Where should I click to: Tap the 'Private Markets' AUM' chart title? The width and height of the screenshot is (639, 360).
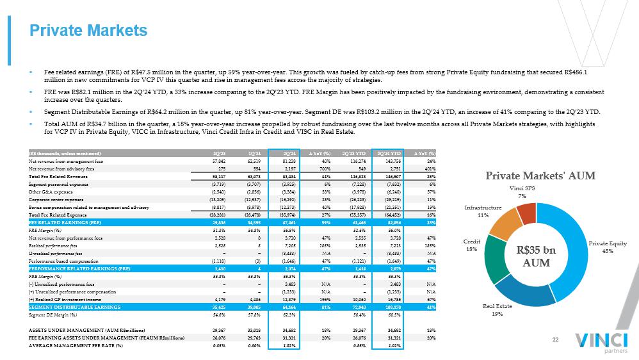point(540,176)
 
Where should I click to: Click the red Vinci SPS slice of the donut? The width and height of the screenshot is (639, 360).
point(527,213)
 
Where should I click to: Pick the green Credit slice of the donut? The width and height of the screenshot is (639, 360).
point(499,259)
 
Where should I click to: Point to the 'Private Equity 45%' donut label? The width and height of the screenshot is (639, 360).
point(607,247)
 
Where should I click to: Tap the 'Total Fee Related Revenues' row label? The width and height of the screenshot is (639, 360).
point(58,176)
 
